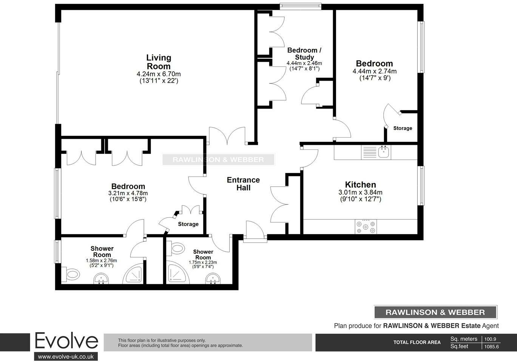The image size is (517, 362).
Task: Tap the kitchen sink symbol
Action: [x=384, y=152]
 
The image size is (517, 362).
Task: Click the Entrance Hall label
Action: [x=243, y=184]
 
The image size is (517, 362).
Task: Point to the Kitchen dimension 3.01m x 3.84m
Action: [x=361, y=192]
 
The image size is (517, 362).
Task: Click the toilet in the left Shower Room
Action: [x=72, y=274]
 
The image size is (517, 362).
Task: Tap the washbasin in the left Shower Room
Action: [x=101, y=279]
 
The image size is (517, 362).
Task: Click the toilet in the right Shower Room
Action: [x=176, y=248]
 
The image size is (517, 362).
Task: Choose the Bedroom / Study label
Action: [x=304, y=54]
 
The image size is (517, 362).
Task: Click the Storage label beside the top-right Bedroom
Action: [x=403, y=128]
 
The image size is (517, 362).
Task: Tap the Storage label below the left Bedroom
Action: [x=188, y=224]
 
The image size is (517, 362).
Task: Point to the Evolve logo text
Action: [x=66, y=341]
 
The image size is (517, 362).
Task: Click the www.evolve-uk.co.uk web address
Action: [x=66, y=356]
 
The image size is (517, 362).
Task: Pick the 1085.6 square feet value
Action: [x=491, y=347]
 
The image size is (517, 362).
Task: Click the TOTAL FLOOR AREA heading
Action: [x=417, y=342]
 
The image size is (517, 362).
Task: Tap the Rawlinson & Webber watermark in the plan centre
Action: [x=218, y=160]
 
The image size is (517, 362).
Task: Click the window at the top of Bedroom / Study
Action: [x=301, y=6]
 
